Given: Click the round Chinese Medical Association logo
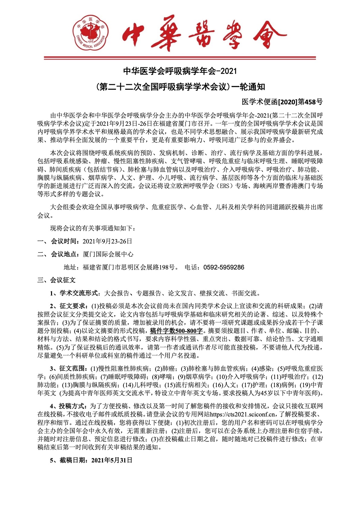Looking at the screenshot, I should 91,33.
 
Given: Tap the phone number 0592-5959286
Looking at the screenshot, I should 224,267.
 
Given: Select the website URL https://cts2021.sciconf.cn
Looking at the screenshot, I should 242,414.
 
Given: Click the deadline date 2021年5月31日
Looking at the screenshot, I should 112,460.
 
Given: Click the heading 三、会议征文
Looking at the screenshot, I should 56,280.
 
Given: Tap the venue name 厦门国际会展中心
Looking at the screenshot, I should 108,254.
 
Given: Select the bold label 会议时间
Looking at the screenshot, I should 64,241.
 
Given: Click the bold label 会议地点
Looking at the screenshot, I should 64,254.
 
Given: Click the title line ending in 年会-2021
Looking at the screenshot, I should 180,71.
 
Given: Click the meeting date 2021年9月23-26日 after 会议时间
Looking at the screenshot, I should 107,241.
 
